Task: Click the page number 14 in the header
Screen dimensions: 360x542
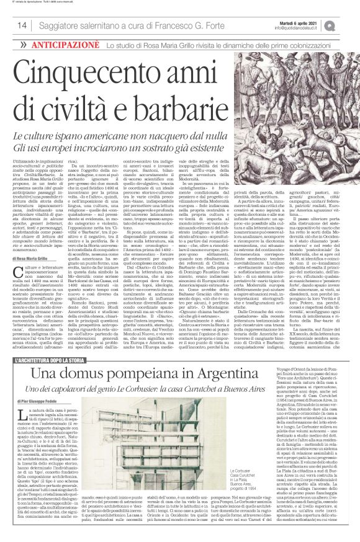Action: pos(22,25)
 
